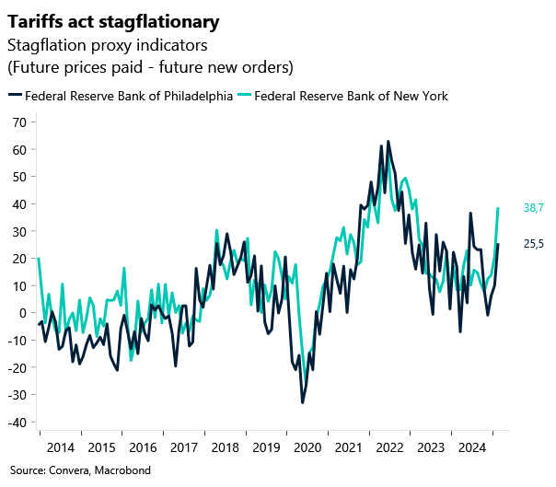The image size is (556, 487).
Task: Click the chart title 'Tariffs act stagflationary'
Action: (114, 20)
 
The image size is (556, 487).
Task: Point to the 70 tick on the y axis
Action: (17, 122)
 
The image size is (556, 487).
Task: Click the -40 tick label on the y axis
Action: (15, 423)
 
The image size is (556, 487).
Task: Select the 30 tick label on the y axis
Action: (17, 231)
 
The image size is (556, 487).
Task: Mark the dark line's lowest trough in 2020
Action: (302, 402)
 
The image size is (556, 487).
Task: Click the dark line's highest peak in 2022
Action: (388, 142)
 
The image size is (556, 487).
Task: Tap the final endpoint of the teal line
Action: (498, 208)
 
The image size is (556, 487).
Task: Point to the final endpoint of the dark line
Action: (498, 244)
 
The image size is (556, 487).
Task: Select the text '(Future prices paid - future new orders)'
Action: (150, 66)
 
